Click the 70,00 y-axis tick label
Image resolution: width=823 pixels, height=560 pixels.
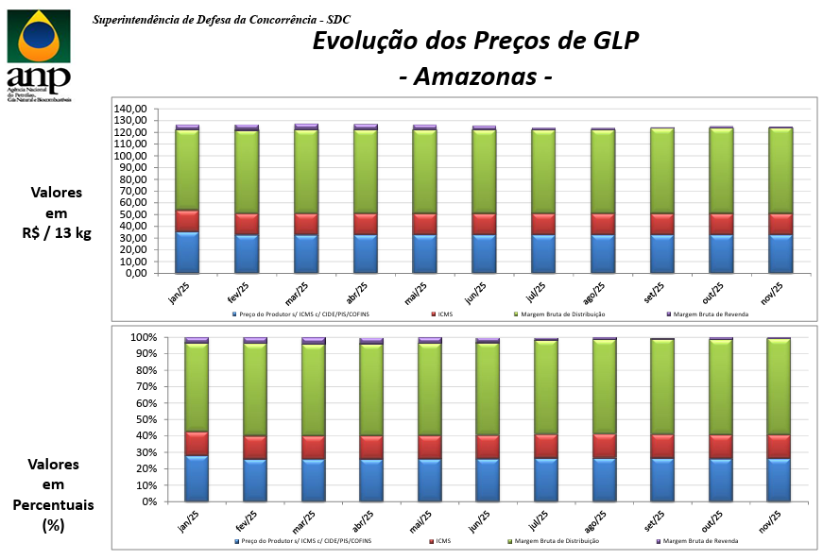[x=133, y=191]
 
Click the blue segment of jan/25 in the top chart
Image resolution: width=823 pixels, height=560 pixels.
[x=187, y=252]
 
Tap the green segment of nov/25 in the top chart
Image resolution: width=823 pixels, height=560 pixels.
[x=780, y=170]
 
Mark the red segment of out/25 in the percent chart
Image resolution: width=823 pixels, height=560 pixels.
[x=721, y=447]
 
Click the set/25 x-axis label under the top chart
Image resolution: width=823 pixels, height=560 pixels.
[x=658, y=288]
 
